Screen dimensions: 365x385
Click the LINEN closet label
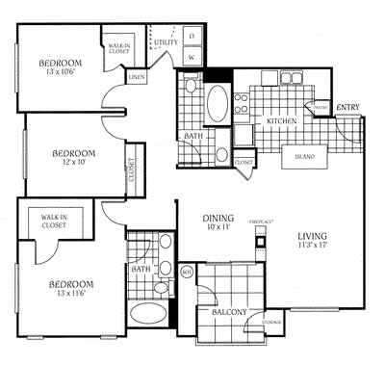point(138,75)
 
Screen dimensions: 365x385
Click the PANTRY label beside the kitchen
point(321,108)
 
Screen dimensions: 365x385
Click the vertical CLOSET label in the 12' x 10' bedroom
point(132,170)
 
